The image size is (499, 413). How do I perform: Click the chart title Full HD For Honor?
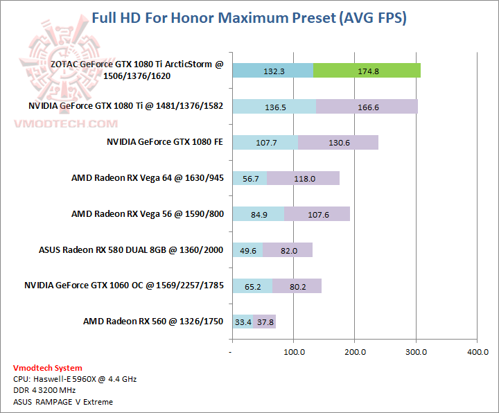click(249, 18)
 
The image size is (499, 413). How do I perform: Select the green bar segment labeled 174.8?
click(367, 70)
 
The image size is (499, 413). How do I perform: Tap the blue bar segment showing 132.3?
click(272, 70)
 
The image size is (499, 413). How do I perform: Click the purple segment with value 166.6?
click(367, 106)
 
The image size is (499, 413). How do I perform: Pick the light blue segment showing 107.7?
click(265, 142)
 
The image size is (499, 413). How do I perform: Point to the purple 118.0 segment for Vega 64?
click(303, 178)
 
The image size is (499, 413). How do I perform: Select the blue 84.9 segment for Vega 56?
click(258, 214)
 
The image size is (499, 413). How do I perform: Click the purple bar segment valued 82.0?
click(287, 249)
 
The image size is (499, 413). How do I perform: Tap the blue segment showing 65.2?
click(252, 285)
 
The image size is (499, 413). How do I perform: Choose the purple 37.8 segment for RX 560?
click(265, 322)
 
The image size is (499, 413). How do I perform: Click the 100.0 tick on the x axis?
click(294, 352)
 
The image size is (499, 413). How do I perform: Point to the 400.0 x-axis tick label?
click(477, 352)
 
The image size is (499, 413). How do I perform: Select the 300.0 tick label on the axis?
click(416, 352)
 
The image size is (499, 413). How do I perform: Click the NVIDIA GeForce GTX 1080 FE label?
click(164, 142)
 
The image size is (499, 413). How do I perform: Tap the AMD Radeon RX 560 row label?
click(153, 322)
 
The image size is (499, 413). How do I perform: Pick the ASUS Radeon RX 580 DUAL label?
click(131, 249)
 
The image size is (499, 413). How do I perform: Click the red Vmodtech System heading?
click(47, 368)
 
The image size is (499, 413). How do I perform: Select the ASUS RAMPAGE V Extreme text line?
click(63, 402)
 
